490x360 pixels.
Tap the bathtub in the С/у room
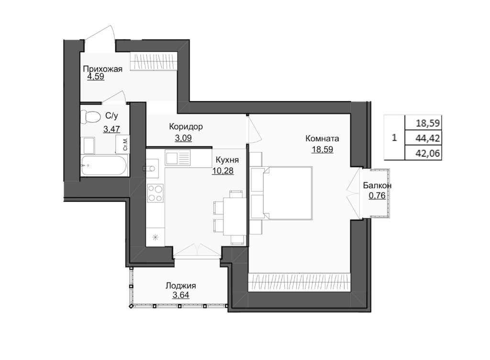pyautogui.click(x=104, y=165)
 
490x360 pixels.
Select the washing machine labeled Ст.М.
pyautogui.click(x=123, y=144)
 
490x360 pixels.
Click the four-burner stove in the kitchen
pyautogui.click(x=156, y=193)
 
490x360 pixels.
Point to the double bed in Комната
pyautogui.click(x=288, y=193)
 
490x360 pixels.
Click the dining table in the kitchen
pyautogui.click(x=234, y=216)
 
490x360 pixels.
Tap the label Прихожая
pyautogui.click(x=102, y=69)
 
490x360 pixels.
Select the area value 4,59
pyautogui.click(x=96, y=77)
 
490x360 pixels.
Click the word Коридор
pyautogui.click(x=186, y=126)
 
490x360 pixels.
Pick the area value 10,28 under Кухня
pyautogui.click(x=223, y=171)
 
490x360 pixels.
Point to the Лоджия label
pyautogui.click(x=180, y=286)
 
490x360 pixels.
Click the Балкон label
pyautogui.click(x=377, y=186)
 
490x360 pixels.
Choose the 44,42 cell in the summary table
pyautogui.click(x=428, y=138)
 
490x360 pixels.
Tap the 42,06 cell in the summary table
pyautogui.click(x=428, y=154)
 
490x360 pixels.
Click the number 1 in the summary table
pyautogui.click(x=394, y=137)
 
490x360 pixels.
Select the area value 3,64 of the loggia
pyautogui.click(x=180, y=295)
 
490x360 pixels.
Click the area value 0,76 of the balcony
pyautogui.click(x=377, y=196)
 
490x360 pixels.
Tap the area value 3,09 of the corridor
pyautogui.click(x=183, y=138)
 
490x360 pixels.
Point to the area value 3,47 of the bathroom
pyautogui.click(x=111, y=129)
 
